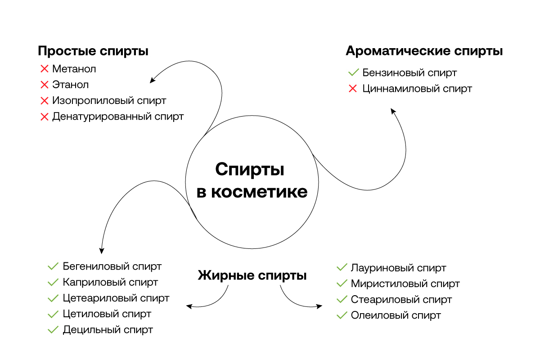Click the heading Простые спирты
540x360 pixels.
point(93,51)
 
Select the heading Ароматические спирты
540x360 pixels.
point(424,51)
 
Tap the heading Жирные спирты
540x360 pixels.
point(252,275)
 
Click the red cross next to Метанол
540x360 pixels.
point(44,69)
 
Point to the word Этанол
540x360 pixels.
point(70,85)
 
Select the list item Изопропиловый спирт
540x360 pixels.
point(109,100)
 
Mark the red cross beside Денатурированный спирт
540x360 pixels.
point(44,117)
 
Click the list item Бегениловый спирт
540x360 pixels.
point(112,266)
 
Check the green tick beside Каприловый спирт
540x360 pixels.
point(53,283)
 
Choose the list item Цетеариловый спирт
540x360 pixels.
point(116,298)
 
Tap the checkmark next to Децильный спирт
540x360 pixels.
point(53,330)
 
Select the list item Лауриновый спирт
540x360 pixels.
point(398,268)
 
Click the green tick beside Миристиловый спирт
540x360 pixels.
point(342,284)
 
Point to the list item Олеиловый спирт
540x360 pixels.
point(396,315)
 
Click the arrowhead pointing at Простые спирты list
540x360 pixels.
point(152,81)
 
